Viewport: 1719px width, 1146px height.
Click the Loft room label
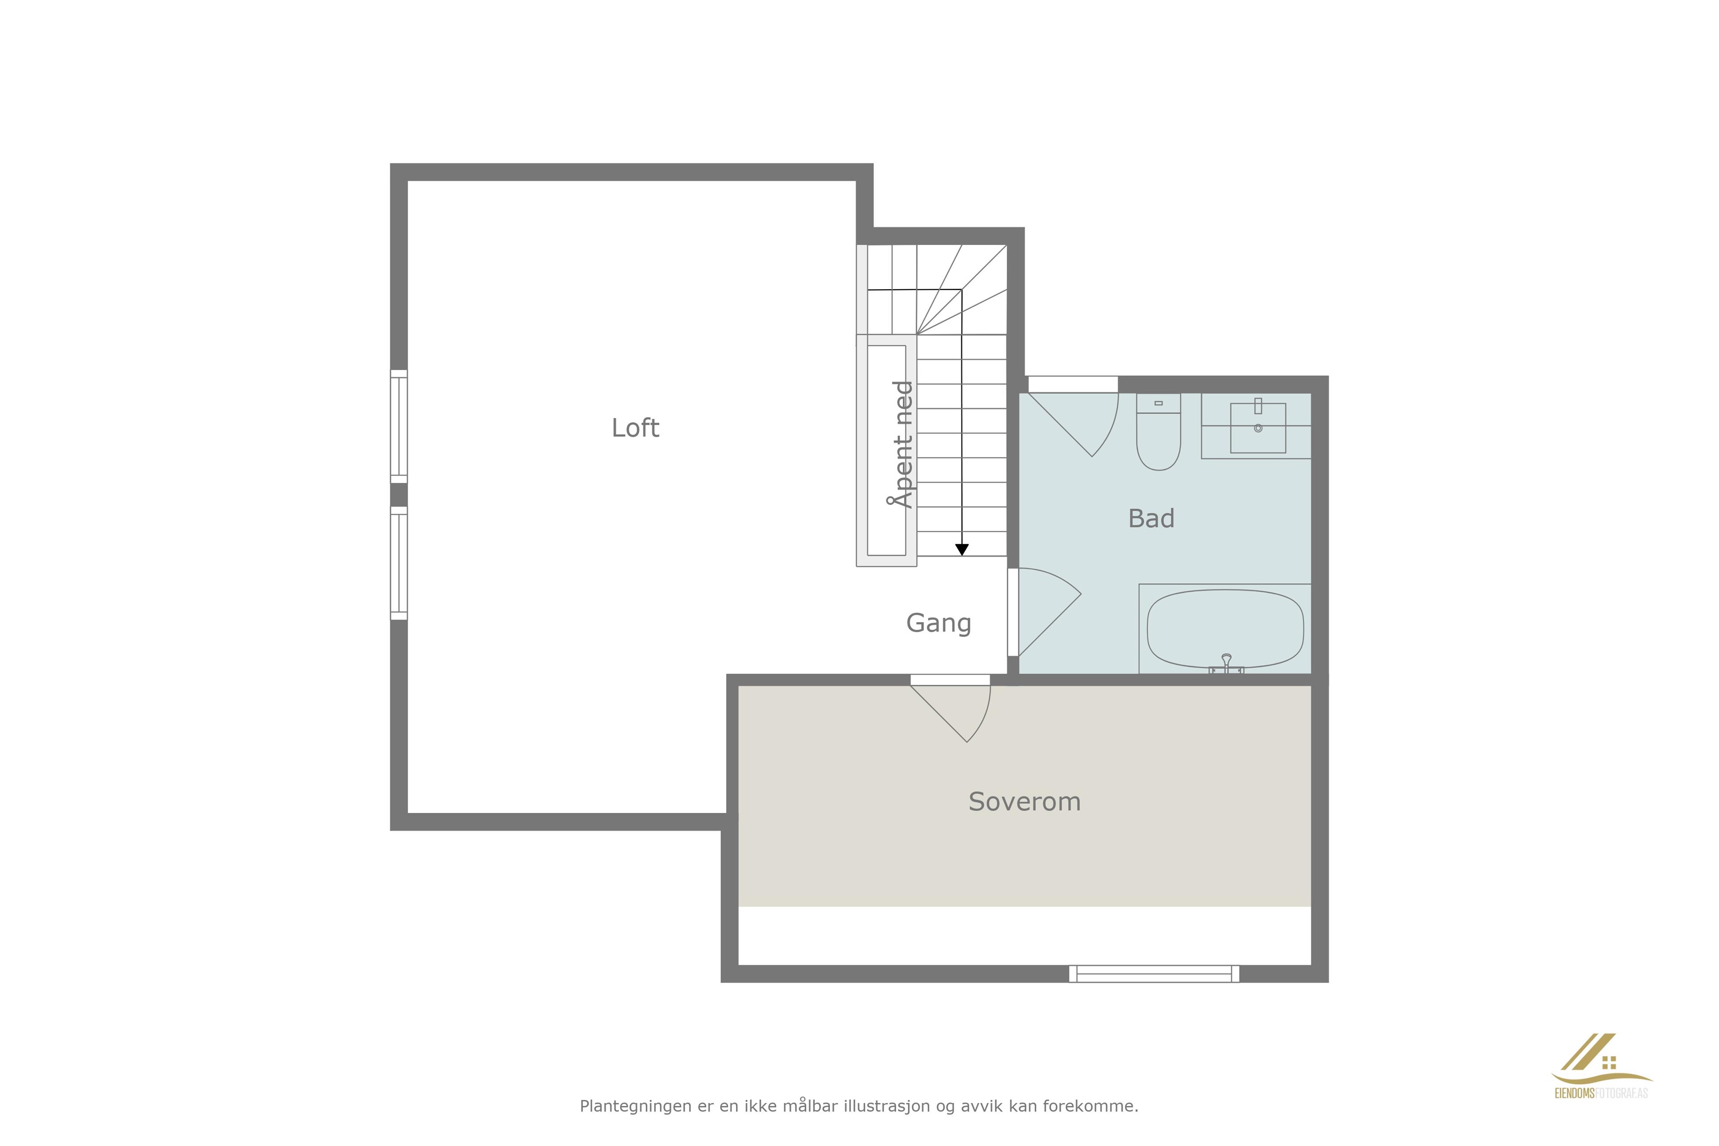(635, 428)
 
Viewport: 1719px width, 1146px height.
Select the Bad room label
(1151, 518)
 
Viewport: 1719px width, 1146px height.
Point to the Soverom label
(1024, 802)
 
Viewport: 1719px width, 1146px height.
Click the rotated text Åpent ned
(902, 445)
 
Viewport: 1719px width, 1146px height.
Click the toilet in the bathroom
(1159, 432)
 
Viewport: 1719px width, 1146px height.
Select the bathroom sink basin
(1258, 428)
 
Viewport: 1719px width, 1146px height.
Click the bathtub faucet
(1227, 663)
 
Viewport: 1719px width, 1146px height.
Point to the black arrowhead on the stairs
(962, 550)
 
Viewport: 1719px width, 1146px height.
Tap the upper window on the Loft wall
(398, 426)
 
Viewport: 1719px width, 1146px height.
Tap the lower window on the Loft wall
(398, 563)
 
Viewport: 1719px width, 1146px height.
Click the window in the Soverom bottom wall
(1154, 974)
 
